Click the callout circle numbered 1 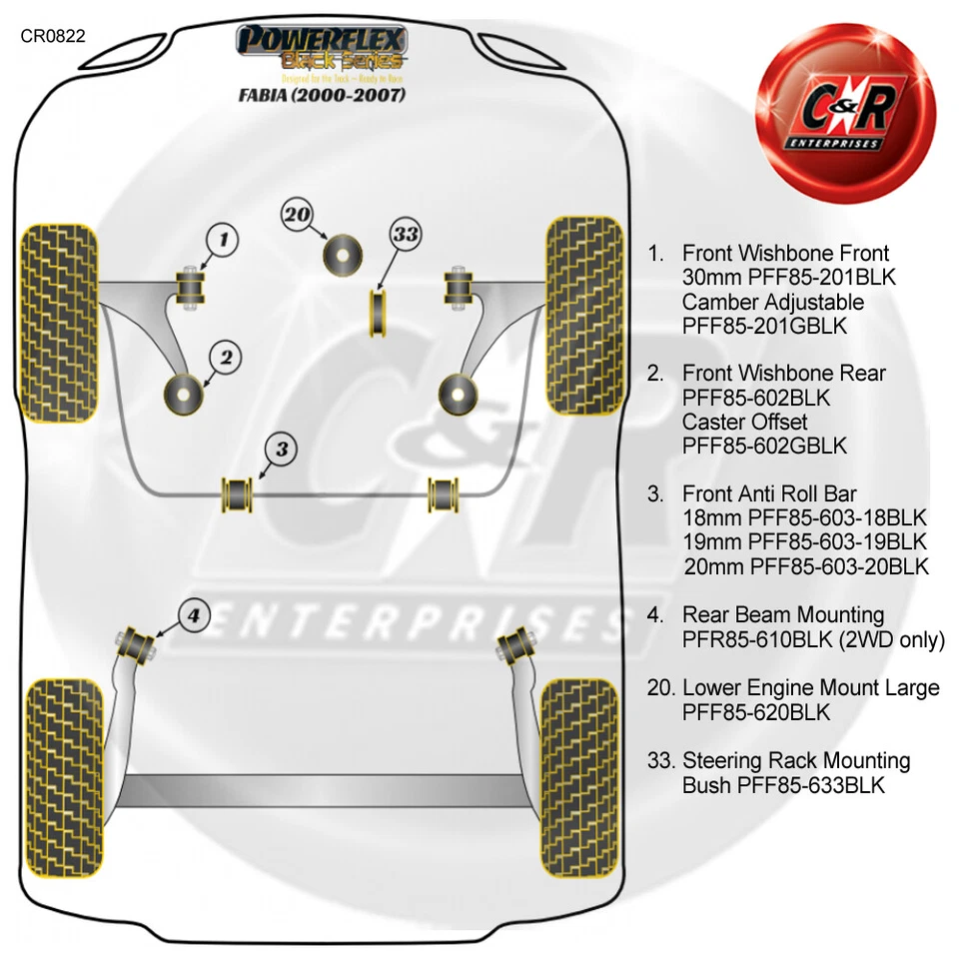coord(224,239)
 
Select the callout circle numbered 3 coord(282,450)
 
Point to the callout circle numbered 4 coord(195,615)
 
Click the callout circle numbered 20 coord(297,214)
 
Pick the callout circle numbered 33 coord(406,235)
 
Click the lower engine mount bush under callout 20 coord(343,254)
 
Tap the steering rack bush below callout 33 coord(379,312)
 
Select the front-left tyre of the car coord(60,318)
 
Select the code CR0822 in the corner coord(53,36)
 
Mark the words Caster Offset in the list coord(744,422)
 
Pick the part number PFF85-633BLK coord(810,785)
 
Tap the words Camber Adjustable coord(773,302)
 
